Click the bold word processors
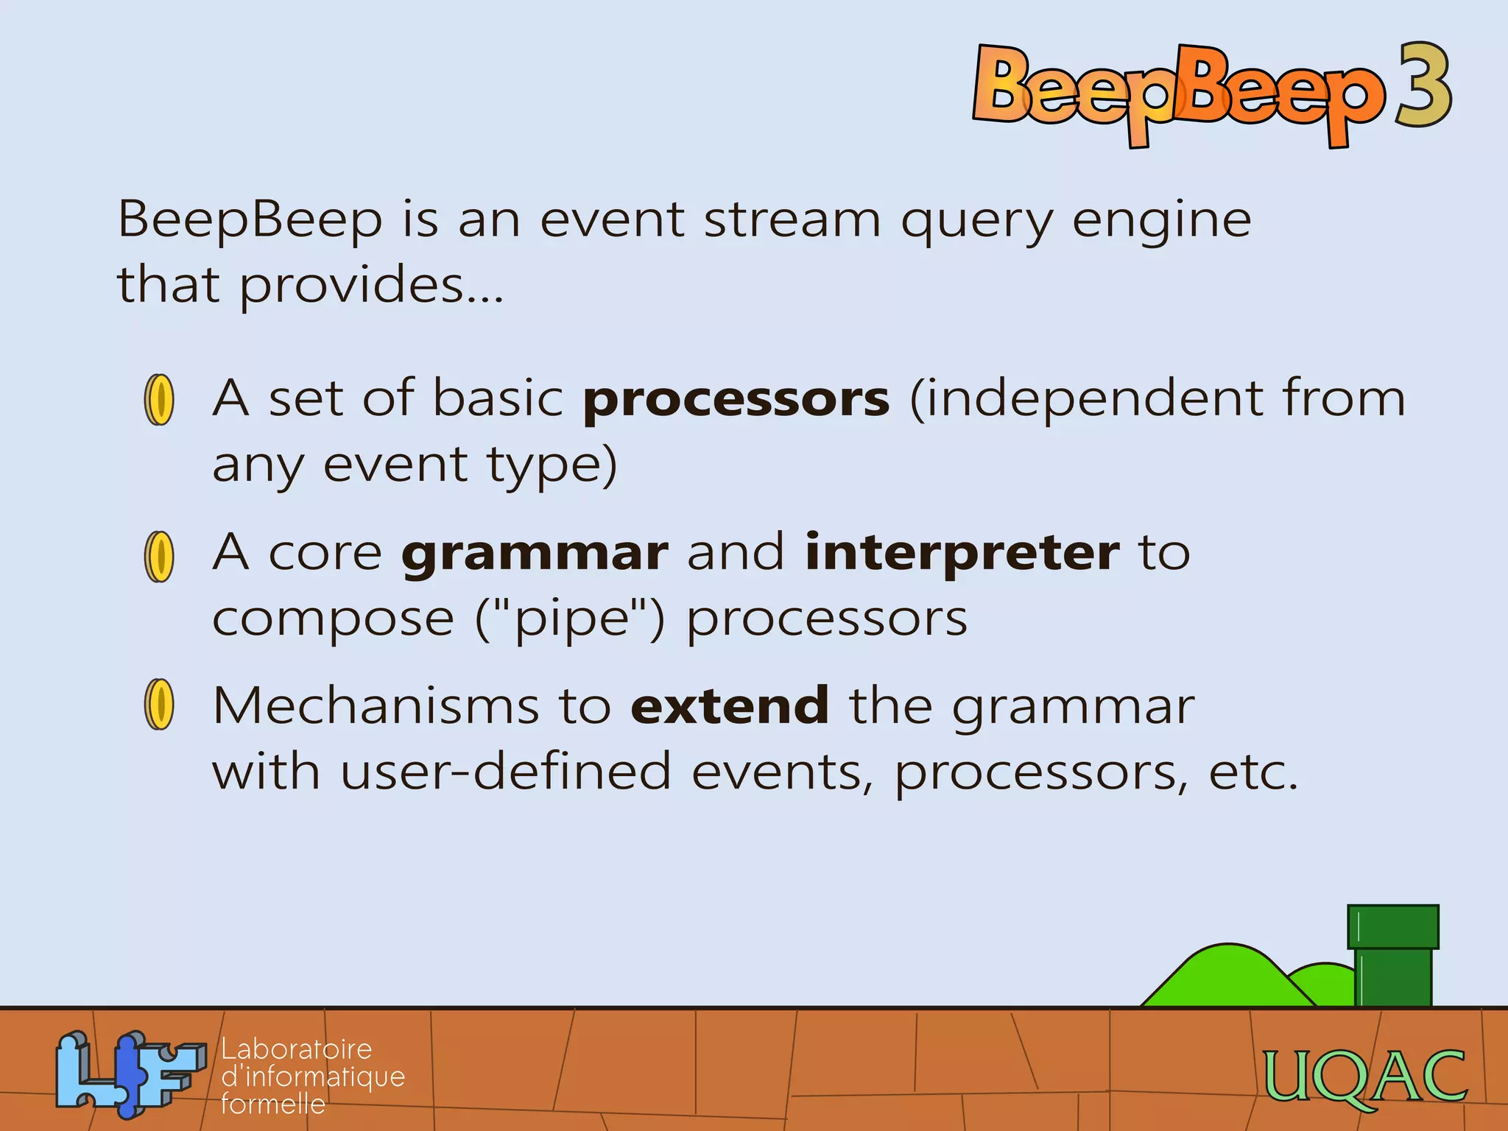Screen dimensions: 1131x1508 [x=736, y=400]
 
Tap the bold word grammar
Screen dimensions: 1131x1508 [x=535, y=554]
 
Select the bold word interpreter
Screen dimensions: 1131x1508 [x=962, y=554]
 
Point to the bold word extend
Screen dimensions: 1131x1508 [x=730, y=706]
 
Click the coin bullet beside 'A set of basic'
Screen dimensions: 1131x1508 [x=159, y=400]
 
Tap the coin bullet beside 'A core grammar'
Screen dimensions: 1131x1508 [x=159, y=557]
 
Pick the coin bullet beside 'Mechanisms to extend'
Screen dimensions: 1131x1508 [x=159, y=705]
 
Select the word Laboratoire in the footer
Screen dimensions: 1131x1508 [x=296, y=1049]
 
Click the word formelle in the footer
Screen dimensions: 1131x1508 [x=272, y=1104]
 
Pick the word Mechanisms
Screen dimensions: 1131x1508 [x=376, y=706]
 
